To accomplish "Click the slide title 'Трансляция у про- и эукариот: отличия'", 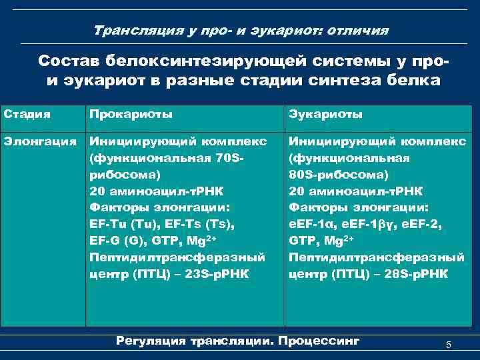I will [241, 31].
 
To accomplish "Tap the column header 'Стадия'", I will [27, 114].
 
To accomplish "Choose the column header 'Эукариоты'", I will [325, 114].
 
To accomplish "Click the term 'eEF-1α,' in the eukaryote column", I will [312, 223].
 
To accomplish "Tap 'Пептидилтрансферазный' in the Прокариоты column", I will [177, 256].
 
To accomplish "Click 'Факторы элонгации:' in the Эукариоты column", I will [359, 207].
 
